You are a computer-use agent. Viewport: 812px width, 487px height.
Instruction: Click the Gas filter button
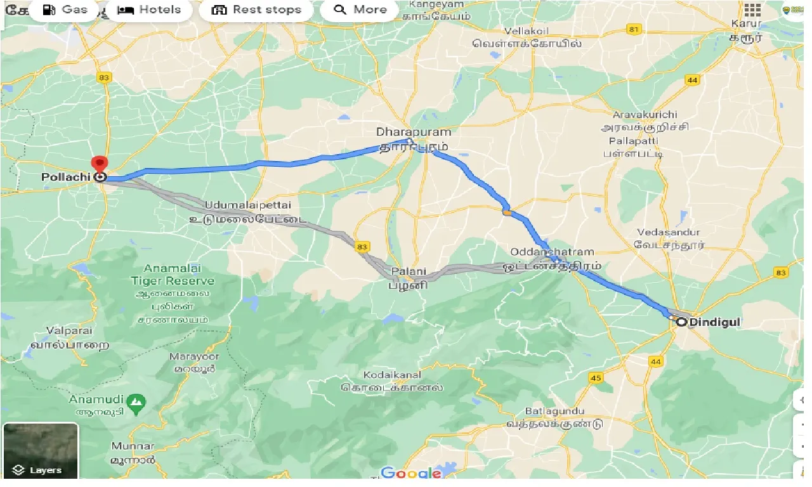point(65,10)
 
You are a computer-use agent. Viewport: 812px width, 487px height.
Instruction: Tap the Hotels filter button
point(150,10)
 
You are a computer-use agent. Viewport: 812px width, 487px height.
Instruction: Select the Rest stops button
point(256,10)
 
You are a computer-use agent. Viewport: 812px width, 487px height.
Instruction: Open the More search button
point(360,10)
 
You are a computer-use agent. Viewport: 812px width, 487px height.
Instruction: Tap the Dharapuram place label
point(414,132)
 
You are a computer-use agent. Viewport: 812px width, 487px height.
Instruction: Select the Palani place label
point(404,273)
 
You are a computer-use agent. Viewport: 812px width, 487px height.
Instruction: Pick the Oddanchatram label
point(551,252)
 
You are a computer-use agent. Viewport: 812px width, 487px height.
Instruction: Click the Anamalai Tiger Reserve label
point(172,274)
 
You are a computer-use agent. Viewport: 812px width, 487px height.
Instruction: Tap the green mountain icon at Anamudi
point(135,401)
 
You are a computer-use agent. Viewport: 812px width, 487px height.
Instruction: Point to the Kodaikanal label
point(391,375)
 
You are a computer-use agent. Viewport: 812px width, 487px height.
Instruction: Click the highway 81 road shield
point(632,29)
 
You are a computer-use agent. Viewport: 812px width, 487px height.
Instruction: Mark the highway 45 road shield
point(595,378)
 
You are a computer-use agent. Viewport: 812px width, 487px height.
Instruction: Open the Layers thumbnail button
point(41,450)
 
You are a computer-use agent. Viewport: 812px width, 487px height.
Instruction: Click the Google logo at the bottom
point(410,473)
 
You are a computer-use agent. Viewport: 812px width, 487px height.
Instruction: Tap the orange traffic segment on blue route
point(506,212)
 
